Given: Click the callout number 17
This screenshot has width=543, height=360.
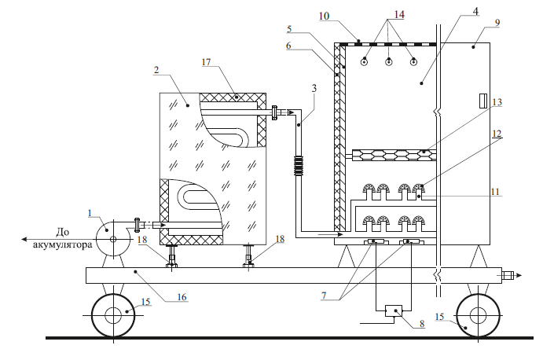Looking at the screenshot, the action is (x=206, y=62).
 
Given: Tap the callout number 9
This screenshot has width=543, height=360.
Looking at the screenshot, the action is (x=497, y=23).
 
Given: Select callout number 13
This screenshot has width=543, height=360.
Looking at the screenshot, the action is (x=497, y=102).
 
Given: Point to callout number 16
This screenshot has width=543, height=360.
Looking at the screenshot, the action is (x=182, y=297).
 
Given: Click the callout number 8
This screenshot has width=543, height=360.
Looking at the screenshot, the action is (x=422, y=324).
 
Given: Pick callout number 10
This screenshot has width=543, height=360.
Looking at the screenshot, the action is (x=324, y=17).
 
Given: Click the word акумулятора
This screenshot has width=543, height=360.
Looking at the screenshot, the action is (x=63, y=244).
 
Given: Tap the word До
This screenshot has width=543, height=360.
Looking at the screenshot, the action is (x=62, y=232).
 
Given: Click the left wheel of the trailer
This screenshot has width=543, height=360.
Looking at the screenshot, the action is (x=113, y=315).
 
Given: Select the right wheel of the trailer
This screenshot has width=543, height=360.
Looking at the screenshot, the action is (x=479, y=315).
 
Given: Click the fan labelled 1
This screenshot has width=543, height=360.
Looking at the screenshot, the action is (x=113, y=238).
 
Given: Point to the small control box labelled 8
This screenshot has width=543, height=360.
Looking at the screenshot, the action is (x=394, y=310).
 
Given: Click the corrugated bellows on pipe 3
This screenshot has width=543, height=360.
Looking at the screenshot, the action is (x=298, y=167).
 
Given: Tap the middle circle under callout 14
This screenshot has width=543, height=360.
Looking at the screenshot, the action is (x=389, y=62).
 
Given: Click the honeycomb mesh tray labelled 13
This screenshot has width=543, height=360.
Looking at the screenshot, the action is (x=394, y=155).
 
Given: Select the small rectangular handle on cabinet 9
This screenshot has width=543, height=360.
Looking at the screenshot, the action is (x=482, y=101).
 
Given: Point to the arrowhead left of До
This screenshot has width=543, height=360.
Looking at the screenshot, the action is (x=24, y=239).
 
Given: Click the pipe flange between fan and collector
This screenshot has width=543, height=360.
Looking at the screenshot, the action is (x=137, y=226).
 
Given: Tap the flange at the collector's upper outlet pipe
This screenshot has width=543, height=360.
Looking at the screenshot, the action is (x=275, y=112).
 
